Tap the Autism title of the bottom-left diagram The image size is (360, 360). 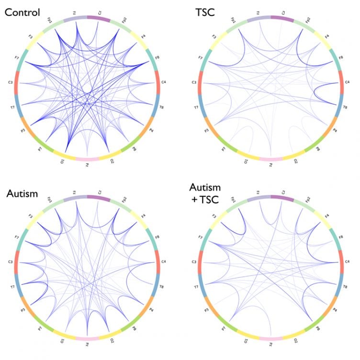coord(23,193)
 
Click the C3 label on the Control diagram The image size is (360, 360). coord(10,82)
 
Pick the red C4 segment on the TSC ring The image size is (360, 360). coord(341,82)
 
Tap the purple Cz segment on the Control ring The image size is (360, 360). coord(99,18)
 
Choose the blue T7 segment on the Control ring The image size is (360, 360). coord(18,105)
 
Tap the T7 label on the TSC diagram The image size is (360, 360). coord(196,109)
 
